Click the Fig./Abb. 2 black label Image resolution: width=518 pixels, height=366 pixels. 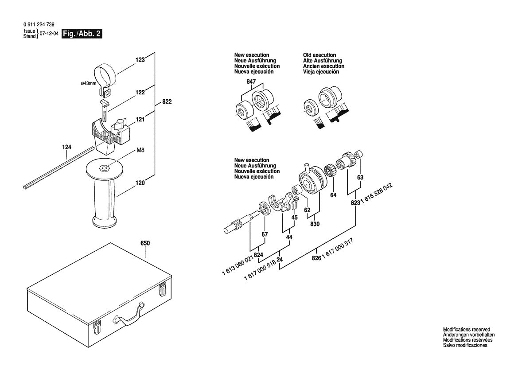tap(82, 34)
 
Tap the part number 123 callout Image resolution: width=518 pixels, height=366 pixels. tap(140, 60)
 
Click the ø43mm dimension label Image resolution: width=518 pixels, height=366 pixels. tap(88, 83)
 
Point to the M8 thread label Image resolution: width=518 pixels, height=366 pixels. tap(140, 151)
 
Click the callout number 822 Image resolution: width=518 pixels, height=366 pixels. tap(167, 101)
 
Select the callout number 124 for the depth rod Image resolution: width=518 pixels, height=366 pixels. tap(67, 147)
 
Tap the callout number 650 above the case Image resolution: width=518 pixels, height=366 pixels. tap(145, 243)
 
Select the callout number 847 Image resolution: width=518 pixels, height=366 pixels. tap(251, 82)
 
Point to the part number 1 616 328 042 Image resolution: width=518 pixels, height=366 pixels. tap(377, 194)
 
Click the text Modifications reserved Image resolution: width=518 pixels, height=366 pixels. tap(467, 330)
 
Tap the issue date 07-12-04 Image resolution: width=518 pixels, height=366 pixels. tap(49, 34)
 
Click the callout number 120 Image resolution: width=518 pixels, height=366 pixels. tap(140, 182)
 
